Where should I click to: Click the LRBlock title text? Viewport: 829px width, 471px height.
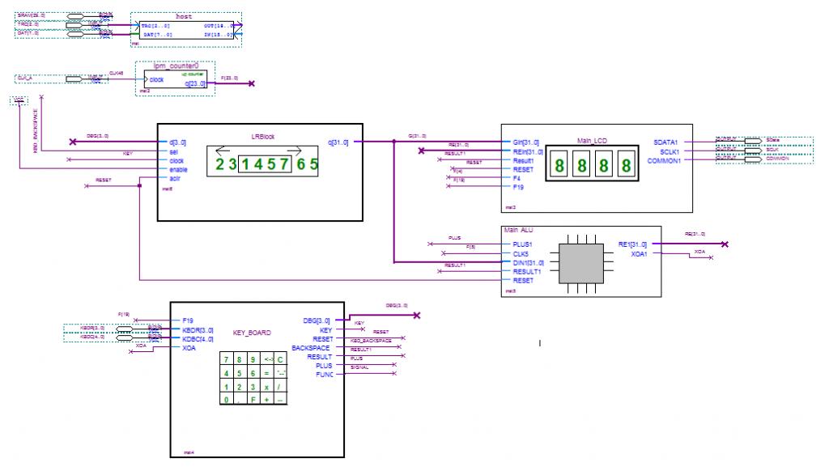pyautogui.click(x=262, y=137)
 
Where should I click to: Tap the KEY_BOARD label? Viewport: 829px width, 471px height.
pyautogui.click(x=252, y=332)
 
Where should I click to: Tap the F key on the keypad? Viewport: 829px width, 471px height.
pyautogui.click(x=253, y=399)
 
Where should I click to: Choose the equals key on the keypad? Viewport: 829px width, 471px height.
pyautogui.click(x=267, y=372)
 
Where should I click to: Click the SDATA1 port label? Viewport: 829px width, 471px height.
pyautogui.click(x=669, y=142)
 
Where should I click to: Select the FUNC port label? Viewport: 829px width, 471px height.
pyautogui.click(x=324, y=374)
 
